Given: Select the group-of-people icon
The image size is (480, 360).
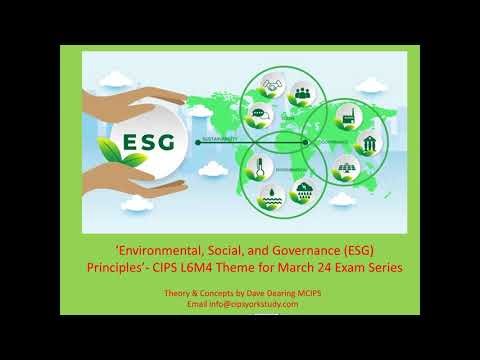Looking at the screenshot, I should pos(301,97).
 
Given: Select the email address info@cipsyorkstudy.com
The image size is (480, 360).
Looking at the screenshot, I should pos(251,304).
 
